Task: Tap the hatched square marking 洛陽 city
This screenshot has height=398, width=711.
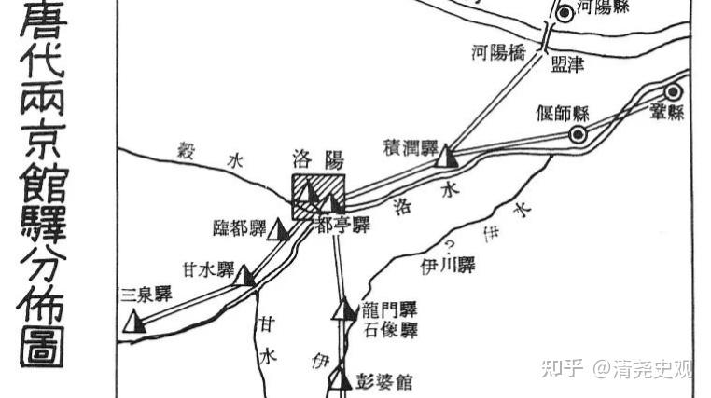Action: [x=318, y=197]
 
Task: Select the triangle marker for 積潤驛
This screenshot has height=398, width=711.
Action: [x=448, y=155]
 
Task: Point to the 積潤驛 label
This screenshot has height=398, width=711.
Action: [x=411, y=146]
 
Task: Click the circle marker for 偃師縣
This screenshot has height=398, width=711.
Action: [x=579, y=134]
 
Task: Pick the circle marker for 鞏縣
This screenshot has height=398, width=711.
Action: [x=672, y=91]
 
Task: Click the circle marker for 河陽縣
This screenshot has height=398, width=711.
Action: [x=564, y=13]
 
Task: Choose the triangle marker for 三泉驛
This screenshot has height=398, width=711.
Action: [x=135, y=322]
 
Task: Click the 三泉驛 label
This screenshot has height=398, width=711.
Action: [x=147, y=295]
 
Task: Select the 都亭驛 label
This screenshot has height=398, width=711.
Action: [x=343, y=225]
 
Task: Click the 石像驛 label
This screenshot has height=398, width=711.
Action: [x=390, y=330]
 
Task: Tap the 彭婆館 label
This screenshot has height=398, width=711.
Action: [x=383, y=381]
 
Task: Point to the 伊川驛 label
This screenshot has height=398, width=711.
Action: [x=447, y=267]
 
